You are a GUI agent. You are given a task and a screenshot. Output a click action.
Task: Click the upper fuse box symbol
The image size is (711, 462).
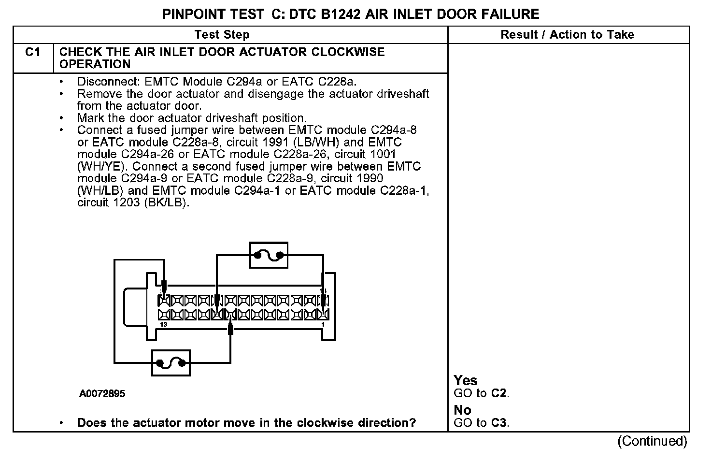coord(269,255)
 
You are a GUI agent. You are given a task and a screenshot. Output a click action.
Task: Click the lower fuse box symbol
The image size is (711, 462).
coord(171,363)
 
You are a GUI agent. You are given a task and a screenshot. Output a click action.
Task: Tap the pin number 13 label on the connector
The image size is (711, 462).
coord(164,324)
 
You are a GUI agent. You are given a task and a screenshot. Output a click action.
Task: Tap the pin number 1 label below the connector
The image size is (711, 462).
coord(323,324)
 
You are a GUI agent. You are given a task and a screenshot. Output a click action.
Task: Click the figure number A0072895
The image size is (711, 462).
coord(102,393)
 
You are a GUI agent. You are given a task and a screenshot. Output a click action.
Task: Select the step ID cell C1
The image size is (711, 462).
coord(33,52)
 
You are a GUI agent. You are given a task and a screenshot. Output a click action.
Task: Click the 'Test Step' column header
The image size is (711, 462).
coord(222,35)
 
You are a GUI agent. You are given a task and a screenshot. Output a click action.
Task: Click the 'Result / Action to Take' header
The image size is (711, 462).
coord(567,35)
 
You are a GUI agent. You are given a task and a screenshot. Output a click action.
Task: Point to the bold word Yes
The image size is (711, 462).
coord(465,380)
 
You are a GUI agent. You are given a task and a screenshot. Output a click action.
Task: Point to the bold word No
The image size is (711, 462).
coord(462,410)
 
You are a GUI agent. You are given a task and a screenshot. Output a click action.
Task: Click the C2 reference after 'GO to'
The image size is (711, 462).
coord(499,393)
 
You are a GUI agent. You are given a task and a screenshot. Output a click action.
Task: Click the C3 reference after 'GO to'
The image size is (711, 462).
coord(499,423)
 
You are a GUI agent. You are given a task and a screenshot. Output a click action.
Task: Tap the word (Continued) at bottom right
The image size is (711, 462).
coord(652,441)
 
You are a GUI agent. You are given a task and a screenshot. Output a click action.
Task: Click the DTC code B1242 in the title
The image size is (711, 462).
coord(340,14)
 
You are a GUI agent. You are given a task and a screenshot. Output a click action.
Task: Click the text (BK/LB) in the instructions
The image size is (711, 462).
coord(165,202)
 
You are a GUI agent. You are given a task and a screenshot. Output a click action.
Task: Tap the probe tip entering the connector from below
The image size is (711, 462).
coord(230,329)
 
